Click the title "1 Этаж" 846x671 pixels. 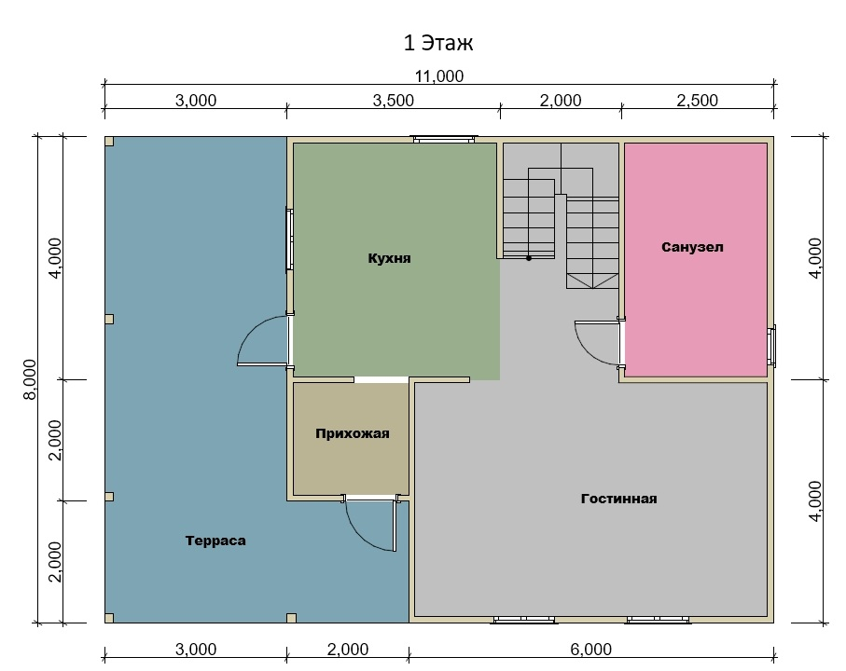point(438,43)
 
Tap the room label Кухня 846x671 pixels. point(389,258)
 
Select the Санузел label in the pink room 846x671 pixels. point(692,247)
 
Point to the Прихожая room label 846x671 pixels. point(353,434)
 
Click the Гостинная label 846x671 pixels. point(618,499)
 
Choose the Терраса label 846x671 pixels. point(215,541)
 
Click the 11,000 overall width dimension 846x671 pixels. point(438,76)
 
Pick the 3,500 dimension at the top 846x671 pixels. point(394,101)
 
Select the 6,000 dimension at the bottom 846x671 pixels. point(590,650)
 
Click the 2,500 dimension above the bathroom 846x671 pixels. point(697,101)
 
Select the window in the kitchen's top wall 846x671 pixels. point(445,139)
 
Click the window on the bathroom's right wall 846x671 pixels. point(771,346)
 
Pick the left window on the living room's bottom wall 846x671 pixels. point(524,620)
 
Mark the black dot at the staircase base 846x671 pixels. point(529,259)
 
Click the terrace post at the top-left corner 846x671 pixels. point(109,142)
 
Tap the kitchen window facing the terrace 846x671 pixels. point(290,240)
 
